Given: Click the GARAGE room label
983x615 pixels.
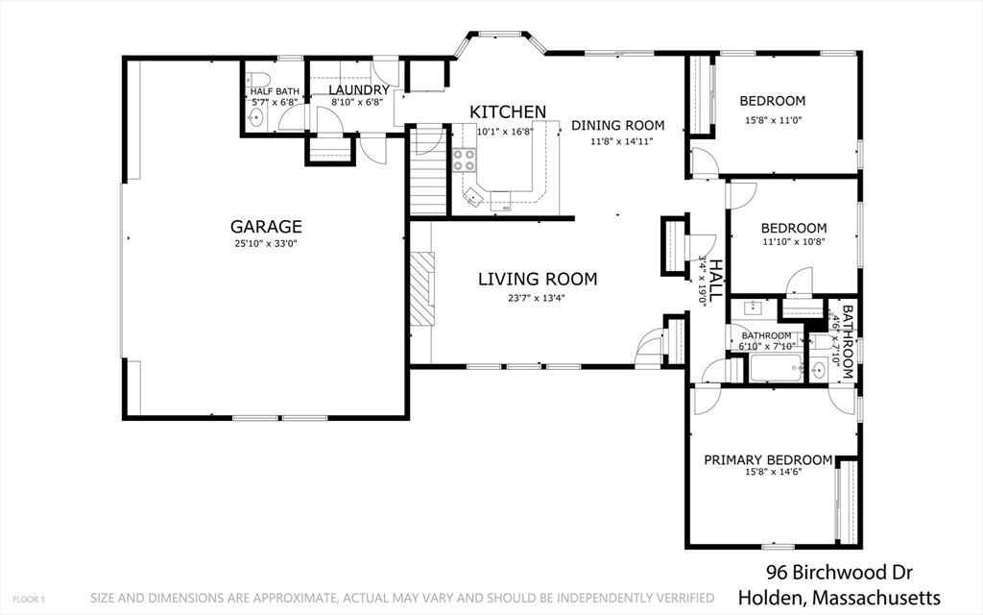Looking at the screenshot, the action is click(x=266, y=227).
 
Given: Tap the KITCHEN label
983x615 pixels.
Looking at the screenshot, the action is click(x=508, y=112).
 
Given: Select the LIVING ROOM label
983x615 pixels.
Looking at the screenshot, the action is click(x=538, y=280).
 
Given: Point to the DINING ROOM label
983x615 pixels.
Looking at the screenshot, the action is click(x=617, y=126).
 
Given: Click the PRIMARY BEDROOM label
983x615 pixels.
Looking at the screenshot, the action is click(x=768, y=460).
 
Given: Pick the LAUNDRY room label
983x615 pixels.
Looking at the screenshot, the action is click(x=359, y=90).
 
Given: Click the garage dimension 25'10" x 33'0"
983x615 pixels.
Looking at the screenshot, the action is click(x=266, y=243).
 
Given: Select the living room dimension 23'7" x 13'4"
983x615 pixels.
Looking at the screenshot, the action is click(x=537, y=298).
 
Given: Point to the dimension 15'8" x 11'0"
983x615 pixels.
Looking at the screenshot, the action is click(x=774, y=120).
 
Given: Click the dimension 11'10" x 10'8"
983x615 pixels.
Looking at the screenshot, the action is click(x=794, y=241).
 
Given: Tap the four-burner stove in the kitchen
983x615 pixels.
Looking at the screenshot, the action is click(x=465, y=160).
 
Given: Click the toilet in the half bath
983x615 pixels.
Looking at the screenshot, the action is click(x=257, y=79).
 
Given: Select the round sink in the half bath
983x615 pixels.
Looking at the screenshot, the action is click(x=255, y=116).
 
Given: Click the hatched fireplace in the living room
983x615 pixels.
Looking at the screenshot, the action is click(x=422, y=288).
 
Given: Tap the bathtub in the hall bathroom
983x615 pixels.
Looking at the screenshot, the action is click(x=776, y=368).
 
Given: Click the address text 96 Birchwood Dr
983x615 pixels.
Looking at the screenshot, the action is click(x=839, y=573).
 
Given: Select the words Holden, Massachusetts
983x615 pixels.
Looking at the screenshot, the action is click(x=839, y=597).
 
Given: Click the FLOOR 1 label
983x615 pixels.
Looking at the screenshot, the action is click(x=29, y=600).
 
